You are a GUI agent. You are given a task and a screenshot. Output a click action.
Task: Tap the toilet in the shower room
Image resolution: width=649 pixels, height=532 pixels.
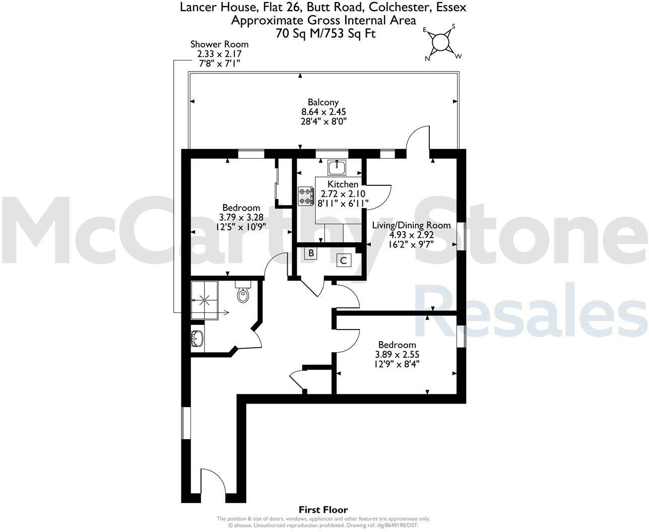pos(243,293)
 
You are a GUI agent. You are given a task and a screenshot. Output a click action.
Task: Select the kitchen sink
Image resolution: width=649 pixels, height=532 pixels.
pos(336,166)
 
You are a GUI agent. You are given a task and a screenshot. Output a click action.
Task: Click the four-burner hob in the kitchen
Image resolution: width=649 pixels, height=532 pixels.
pos(305,196)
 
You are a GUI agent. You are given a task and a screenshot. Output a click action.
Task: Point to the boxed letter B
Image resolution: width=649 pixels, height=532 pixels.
pos(311,253)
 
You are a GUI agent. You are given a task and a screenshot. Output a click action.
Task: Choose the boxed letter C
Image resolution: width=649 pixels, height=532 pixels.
pos(344,260)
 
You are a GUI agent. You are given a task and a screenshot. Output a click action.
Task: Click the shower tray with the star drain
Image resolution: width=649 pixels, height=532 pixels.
pos(205,300)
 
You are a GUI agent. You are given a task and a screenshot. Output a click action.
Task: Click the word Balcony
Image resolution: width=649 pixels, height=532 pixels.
pos(323,102)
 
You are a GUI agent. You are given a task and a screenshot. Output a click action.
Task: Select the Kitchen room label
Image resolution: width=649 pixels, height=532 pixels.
pos(343,184)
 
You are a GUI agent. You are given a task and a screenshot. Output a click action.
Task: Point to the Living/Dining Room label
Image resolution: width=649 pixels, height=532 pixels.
pos(411,225)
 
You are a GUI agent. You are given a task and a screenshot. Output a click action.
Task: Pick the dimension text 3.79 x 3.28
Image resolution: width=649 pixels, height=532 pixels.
pos(241,217)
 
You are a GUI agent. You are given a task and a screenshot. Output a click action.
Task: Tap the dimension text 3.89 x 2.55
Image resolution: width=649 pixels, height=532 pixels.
pos(397,354)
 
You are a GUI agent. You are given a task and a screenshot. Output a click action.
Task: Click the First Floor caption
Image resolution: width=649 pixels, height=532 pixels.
pos(323,510)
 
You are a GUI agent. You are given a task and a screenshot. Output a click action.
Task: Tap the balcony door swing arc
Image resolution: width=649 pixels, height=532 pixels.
pos(418,137)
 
